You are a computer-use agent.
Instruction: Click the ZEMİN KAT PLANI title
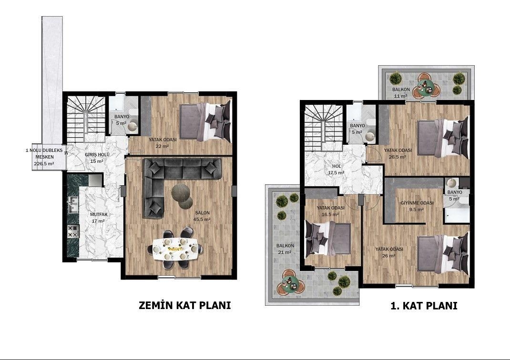click(x=185, y=305)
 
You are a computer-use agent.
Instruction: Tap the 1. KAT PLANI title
click(x=424, y=306)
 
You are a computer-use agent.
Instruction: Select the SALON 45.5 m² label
click(x=202, y=216)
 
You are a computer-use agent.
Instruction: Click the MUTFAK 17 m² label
click(x=99, y=218)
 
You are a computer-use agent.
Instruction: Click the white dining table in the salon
click(x=175, y=249)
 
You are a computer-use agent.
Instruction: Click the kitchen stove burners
click(x=73, y=231)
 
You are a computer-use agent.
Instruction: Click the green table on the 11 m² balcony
click(x=426, y=89)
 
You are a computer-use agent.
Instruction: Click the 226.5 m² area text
click(x=44, y=164)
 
